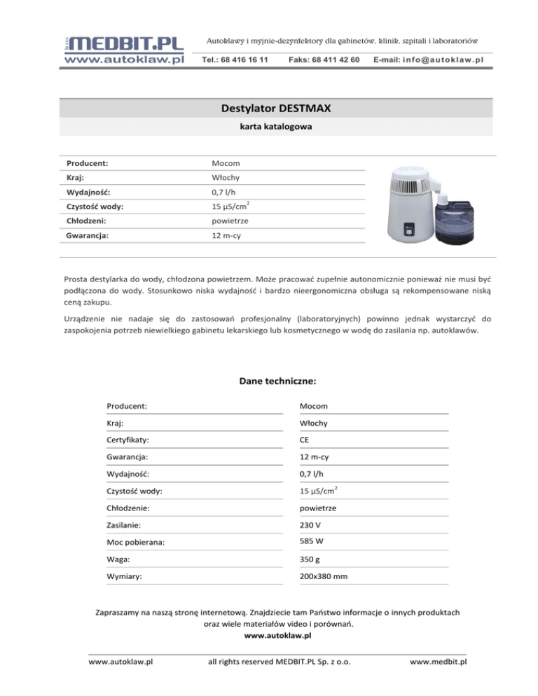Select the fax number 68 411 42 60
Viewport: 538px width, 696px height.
coord(324,60)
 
